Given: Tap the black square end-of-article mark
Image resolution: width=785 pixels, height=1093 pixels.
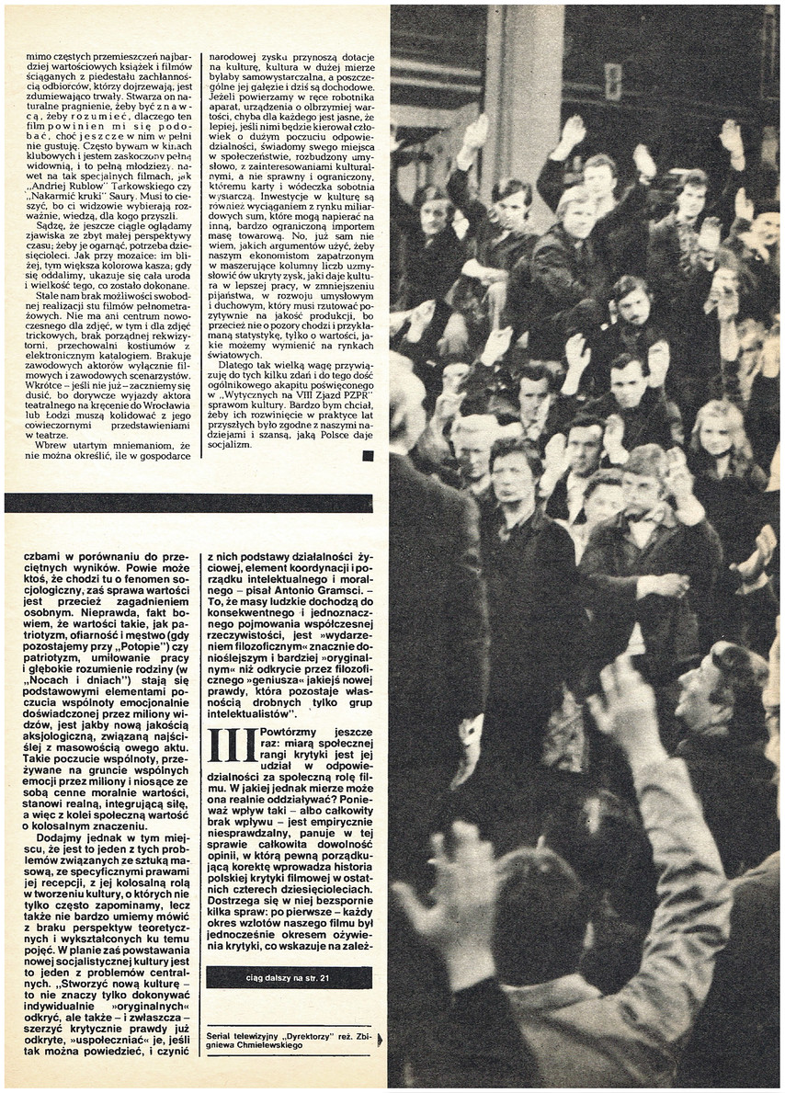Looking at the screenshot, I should point(368,455).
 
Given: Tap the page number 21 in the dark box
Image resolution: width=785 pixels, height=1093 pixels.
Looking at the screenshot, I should point(325,978).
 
